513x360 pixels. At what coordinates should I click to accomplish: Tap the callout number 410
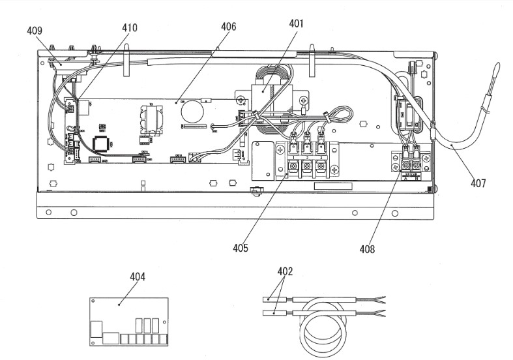pyautogui.click(x=130, y=28)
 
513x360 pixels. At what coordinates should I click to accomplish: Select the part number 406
pyautogui.click(x=228, y=27)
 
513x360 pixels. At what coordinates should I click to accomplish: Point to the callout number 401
pyautogui.click(x=297, y=23)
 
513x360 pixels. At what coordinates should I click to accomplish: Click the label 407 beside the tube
pyautogui.click(x=478, y=183)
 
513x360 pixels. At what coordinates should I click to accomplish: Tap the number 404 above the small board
pyautogui.click(x=137, y=277)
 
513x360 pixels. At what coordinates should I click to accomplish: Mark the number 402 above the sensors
pyautogui.click(x=285, y=271)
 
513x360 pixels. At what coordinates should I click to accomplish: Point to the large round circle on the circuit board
pyautogui.click(x=192, y=113)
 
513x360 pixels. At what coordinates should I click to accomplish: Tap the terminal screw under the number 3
pyautogui.click(x=320, y=168)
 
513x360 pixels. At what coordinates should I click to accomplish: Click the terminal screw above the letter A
pyautogui.click(x=405, y=166)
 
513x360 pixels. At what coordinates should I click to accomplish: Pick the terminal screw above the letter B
pyautogui.click(x=416, y=166)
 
